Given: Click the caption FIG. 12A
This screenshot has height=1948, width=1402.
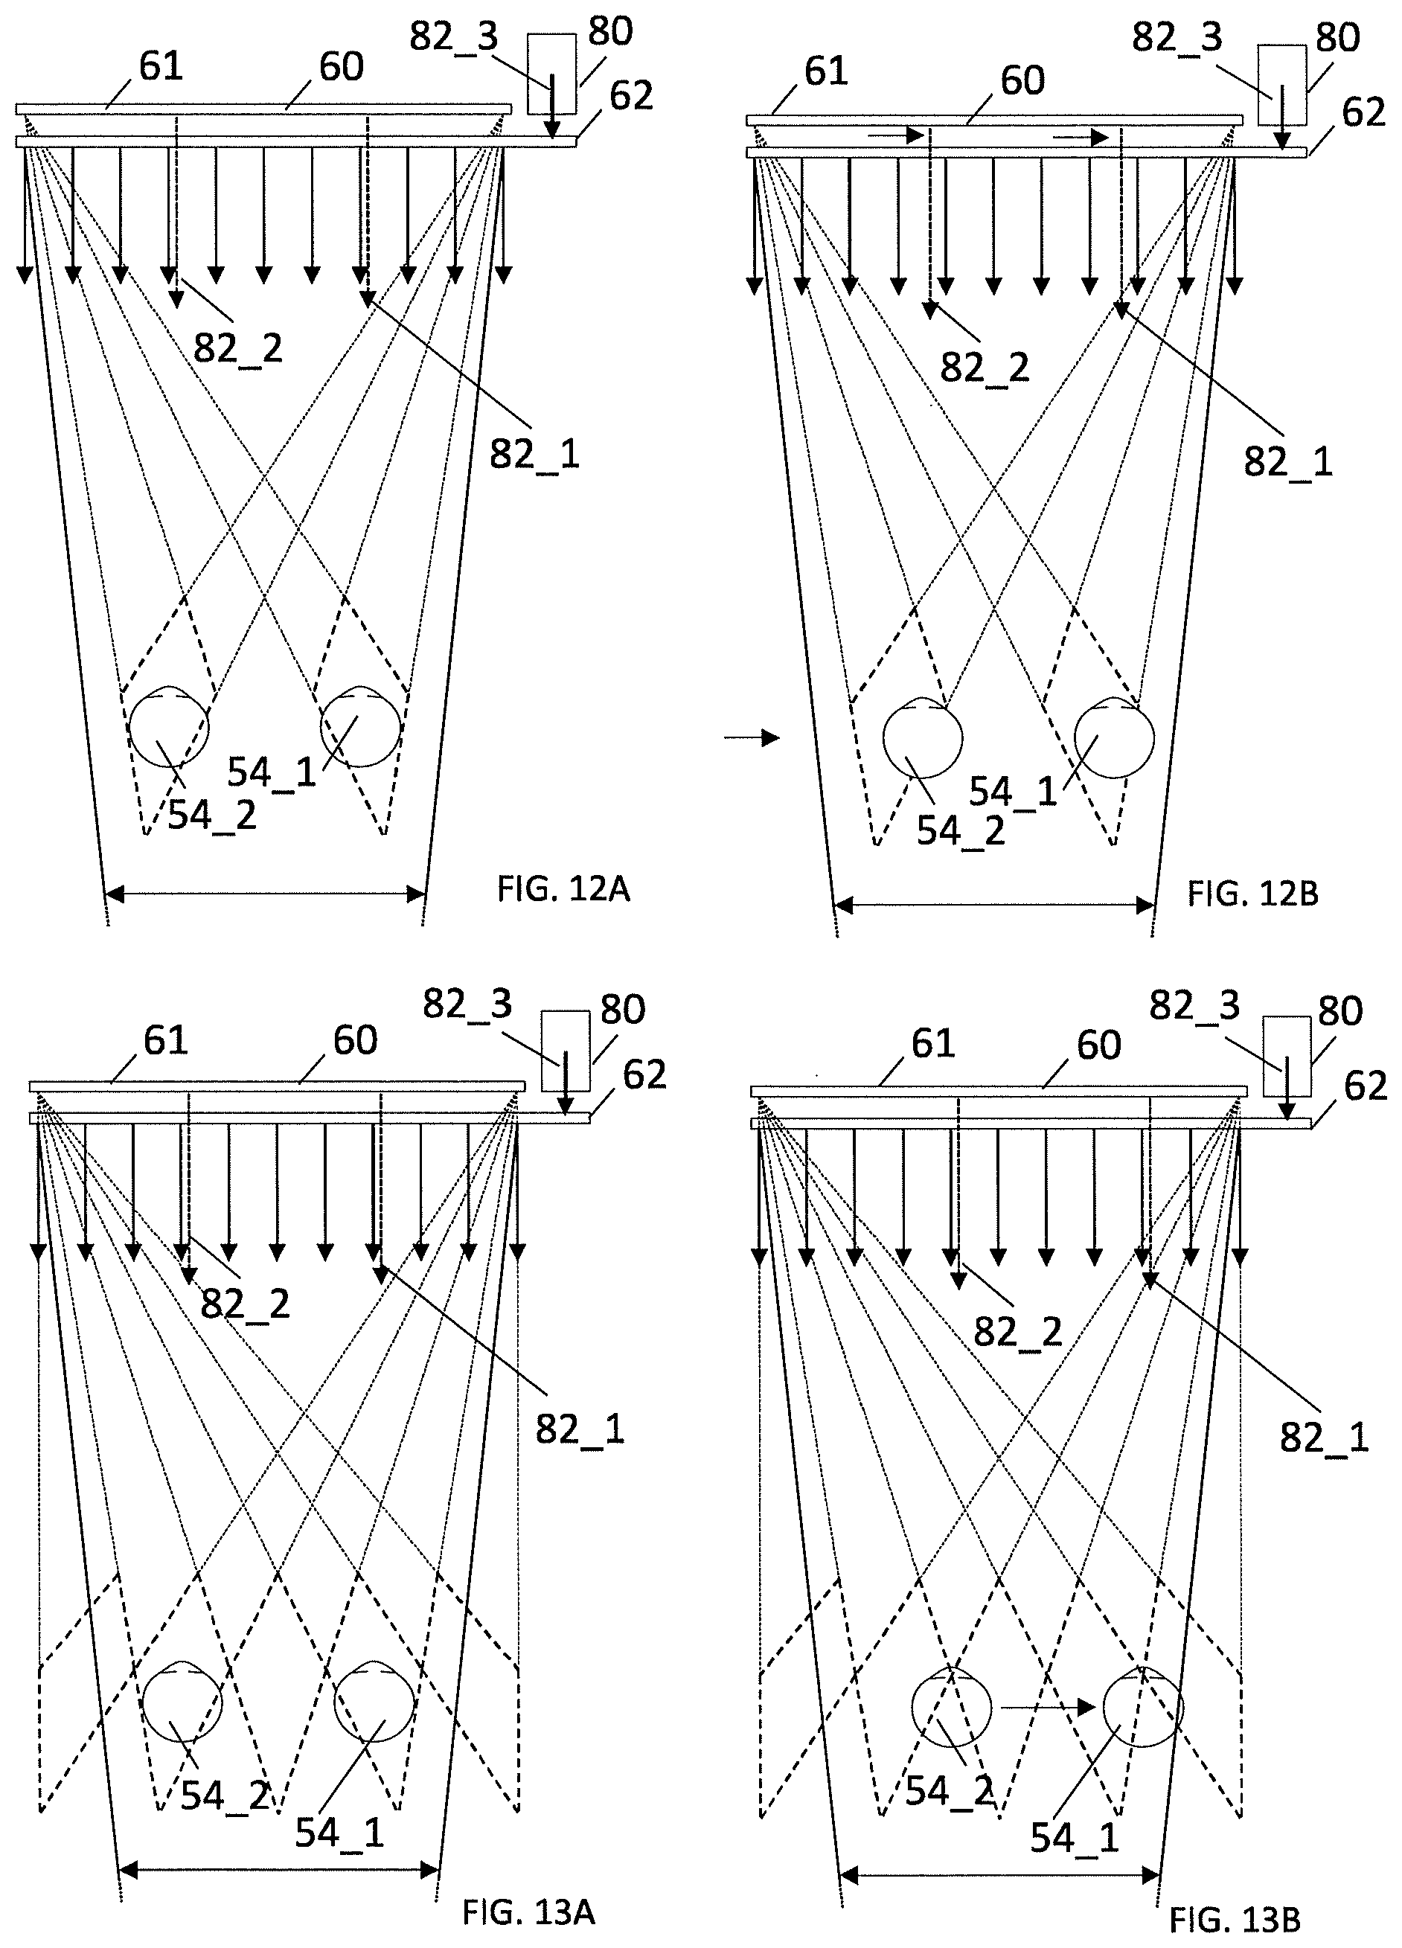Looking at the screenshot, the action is [x=563, y=889].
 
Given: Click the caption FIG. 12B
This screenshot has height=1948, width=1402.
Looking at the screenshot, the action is [x=1252, y=894].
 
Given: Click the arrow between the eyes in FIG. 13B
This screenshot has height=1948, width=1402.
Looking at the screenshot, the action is [x=1047, y=1707].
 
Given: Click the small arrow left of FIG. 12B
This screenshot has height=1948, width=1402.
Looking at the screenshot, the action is [x=752, y=737].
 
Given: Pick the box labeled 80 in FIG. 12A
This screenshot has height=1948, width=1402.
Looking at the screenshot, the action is [x=551, y=76].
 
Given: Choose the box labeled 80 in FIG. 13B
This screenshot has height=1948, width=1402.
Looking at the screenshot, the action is [x=1287, y=1057].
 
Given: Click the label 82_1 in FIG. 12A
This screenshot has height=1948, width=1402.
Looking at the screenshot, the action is [x=534, y=453].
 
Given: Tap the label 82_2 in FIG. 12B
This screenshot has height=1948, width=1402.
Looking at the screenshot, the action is [x=985, y=368].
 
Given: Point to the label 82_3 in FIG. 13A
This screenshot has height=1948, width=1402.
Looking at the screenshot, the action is [x=467, y=1003].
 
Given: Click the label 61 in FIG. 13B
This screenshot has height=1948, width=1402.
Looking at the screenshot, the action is [x=933, y=1043].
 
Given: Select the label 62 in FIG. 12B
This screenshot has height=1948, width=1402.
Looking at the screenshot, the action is [x=1363, y=112].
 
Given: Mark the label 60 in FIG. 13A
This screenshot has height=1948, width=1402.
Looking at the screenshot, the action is [x=355, y=1040].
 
